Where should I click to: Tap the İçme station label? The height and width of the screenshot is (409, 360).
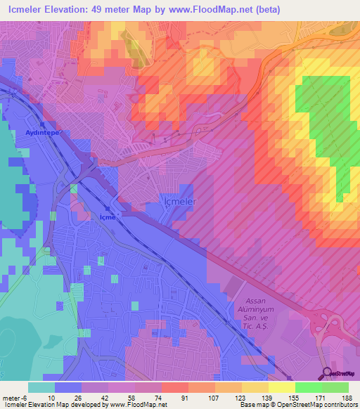[105, 217]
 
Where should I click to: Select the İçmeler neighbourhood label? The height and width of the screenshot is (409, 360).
[179, 202]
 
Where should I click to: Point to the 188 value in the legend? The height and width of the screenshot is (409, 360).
[346, 398]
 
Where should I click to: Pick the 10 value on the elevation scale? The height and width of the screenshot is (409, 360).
[52, 398]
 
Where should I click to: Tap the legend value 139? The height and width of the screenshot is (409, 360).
[266, 398]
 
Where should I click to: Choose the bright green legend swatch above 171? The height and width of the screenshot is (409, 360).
[308, 387]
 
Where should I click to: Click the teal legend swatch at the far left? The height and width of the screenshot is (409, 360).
[41, 387]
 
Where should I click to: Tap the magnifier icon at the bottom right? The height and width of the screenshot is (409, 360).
[328, 373]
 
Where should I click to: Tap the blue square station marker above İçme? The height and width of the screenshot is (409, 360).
[107, 209]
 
